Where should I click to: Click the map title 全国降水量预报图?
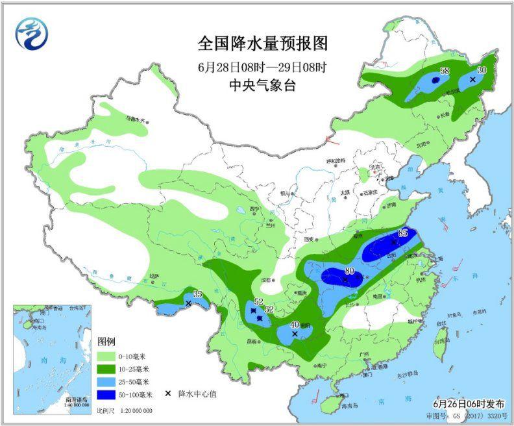[x=263, y=44]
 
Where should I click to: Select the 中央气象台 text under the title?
[x=262, y=84]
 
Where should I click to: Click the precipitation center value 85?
[x=402, y=233]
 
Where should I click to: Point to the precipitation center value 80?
[x=350, y=271]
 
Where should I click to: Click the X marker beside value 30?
[x=472, y=79]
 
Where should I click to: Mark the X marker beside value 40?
[x=295, y=334]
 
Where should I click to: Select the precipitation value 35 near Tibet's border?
[x=197, y=294]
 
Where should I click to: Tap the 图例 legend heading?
[x=106, y=342]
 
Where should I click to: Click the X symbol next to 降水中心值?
[x=167, y=394]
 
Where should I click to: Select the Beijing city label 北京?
[x=374, y=167]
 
